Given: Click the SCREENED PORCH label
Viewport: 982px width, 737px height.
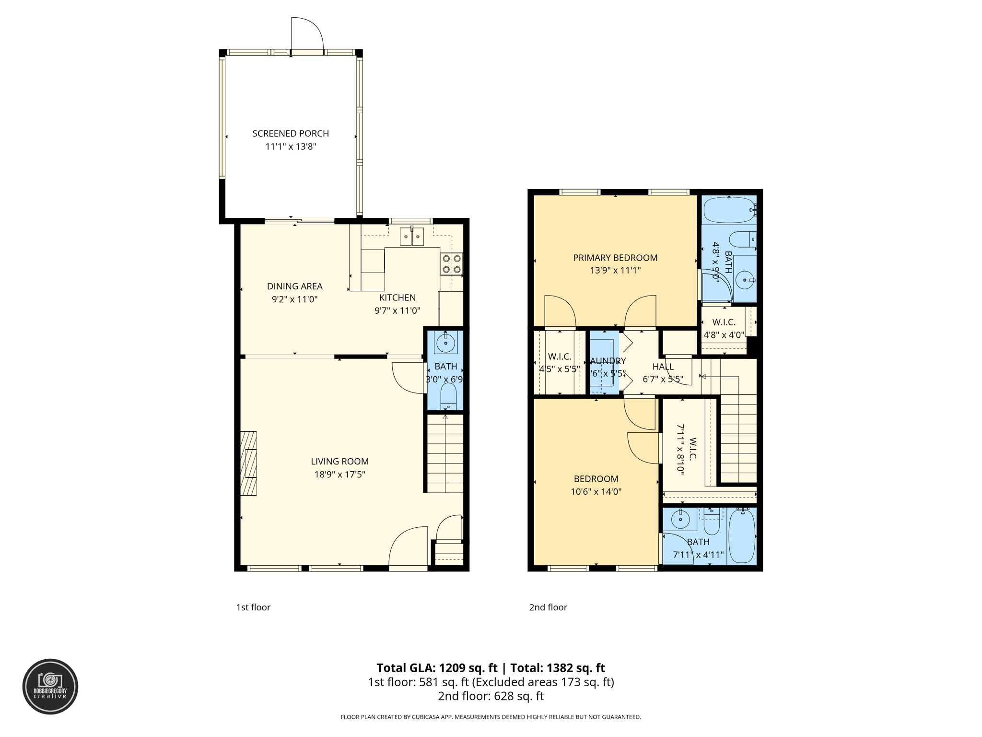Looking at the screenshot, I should [291, 133].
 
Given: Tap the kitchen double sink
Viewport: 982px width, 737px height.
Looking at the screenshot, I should [412, 237].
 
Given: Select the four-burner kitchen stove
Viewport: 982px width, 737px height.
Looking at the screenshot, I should [452, 264].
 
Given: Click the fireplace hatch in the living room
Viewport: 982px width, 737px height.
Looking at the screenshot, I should [248, 464].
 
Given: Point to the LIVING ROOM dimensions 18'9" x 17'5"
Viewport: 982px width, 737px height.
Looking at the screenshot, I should [339, 475].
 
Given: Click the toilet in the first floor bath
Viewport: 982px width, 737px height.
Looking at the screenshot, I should [448, 395].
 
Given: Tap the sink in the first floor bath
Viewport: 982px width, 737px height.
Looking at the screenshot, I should [446, 343].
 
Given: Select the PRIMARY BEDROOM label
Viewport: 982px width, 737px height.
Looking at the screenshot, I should [615, 258].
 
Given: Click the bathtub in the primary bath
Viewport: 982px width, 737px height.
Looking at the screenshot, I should [729, 210].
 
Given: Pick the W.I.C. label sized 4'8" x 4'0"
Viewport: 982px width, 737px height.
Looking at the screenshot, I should [724, 322].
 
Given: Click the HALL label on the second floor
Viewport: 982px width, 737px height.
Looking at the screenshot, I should [663, 367].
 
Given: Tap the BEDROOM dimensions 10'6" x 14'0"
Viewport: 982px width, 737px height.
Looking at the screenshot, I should [596, 492].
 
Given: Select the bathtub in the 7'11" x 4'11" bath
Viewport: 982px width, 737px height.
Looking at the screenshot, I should [742, 535].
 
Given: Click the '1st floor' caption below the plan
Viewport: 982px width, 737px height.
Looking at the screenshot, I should [253, 607].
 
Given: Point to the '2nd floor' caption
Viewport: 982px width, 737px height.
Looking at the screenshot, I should [548, 607].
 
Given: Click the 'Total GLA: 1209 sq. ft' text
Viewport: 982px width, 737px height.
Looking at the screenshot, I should [437, 668].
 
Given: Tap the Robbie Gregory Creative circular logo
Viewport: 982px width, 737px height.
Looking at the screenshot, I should [50, 687].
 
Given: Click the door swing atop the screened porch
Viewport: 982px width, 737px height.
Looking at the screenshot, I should [307, 34].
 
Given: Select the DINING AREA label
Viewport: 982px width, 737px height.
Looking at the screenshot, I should [294, 286].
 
